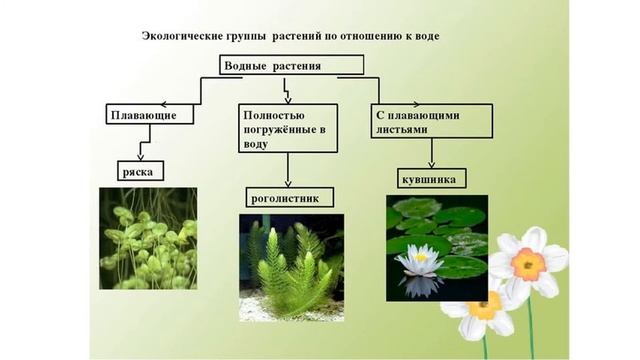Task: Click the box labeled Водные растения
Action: pyautogui.click(x=291, y=66)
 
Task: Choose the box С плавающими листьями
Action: pyautogui.click(x=432, y=121)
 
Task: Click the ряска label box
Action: pyautogui.click(x=141, y=171)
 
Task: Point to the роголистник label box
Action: pyautogui.click(x=285, y=199)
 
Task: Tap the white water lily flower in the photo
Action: pyautogui.click(x=419, y=261)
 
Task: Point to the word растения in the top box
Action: pyautogui.click(x=312, y=66)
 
